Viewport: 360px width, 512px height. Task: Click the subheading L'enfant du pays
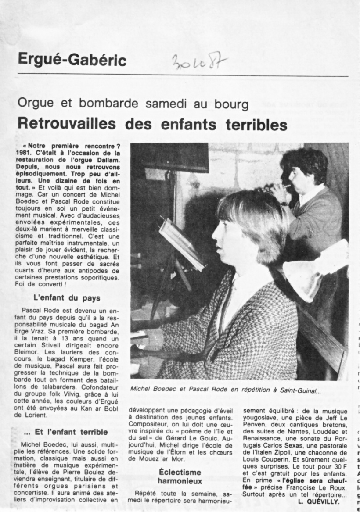tap(67, 298)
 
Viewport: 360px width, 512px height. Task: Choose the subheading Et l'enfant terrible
tap(65, 432)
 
